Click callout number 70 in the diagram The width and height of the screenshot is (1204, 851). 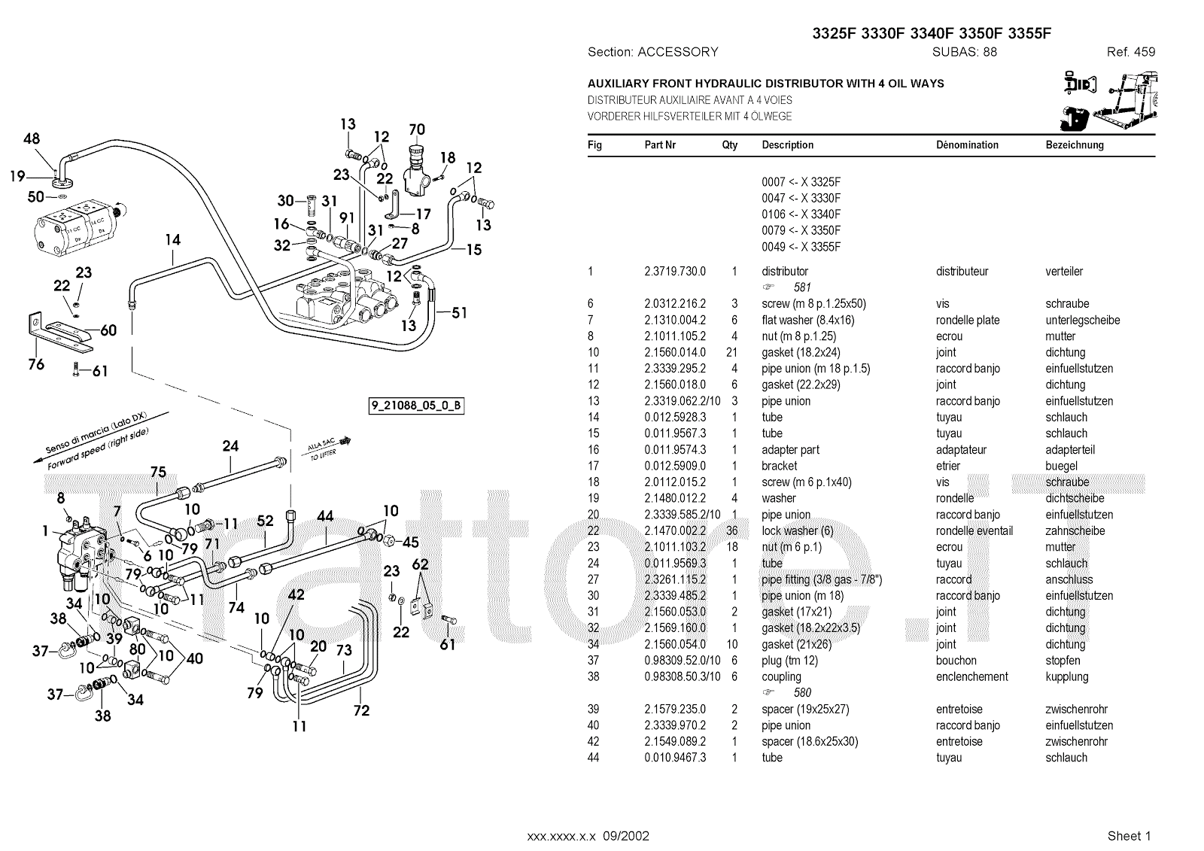416,129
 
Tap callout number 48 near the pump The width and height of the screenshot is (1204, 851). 32,138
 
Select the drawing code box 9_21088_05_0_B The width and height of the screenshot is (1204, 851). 415,406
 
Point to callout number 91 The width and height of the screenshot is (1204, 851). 347,218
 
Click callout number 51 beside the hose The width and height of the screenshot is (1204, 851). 458,312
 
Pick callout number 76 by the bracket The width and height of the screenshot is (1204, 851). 36,364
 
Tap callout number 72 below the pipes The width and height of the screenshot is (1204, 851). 362,710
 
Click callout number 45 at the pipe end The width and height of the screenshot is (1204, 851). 410,542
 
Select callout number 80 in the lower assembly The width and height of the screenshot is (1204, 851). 137,649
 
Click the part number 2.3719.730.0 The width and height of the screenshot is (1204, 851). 674,272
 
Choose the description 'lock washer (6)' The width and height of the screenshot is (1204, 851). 798,531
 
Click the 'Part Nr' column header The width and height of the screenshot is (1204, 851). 660,145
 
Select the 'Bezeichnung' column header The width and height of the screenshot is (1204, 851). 1074,145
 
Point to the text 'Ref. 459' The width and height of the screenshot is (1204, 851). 1130,52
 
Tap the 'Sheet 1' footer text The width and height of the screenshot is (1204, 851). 1129,836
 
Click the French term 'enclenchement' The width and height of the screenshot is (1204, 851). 971,676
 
